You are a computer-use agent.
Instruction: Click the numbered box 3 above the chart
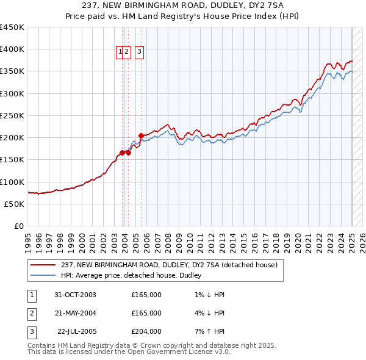click(139, 52)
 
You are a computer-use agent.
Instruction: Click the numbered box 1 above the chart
click(120, 52)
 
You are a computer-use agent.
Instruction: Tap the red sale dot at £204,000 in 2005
click(141, 135)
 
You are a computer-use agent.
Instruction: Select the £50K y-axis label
click(15, 204)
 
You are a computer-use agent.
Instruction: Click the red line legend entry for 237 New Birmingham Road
click(169, 265)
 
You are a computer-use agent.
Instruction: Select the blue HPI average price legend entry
click(134, 276)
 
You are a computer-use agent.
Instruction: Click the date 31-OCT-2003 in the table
click(76, 295)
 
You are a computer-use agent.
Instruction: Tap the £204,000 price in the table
click(146, 331)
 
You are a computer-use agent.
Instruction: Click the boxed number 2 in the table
click(31, 313)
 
